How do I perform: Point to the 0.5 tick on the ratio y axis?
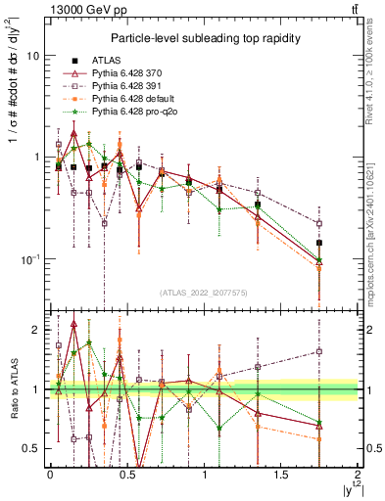31,448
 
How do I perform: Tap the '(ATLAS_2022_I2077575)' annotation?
204,293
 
